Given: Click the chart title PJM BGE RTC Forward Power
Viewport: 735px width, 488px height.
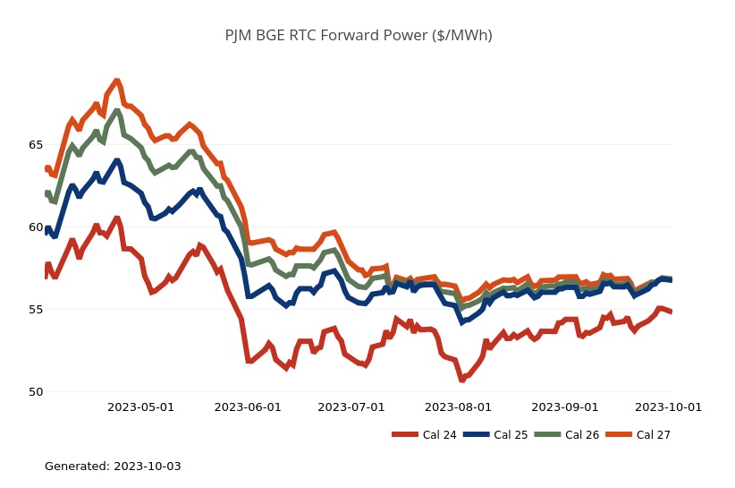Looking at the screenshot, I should pyautogui.click(x=359, y=36).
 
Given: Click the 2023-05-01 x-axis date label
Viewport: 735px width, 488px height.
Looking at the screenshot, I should pyautogui.click(x=140, y=407).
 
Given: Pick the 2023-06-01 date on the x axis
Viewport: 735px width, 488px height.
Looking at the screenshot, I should pyautogui.click(x=248, y=407).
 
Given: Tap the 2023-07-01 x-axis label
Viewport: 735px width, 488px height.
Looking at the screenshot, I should pyautogui.click(x=351, y=407).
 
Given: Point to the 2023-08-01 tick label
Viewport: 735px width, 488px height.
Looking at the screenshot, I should pyautogui.click(x=459, y=407).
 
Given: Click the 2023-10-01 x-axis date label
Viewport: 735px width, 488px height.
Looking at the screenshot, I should pyautogui.click(x=668, y=407).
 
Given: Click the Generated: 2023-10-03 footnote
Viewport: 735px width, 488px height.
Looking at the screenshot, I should pyautogui.click(x=113, y=467).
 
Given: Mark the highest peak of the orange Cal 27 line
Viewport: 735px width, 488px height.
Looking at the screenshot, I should pyautogui.click(x=116, y=81).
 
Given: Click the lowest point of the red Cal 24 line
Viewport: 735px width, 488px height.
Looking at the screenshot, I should pyautogui.click(x=462, y=380).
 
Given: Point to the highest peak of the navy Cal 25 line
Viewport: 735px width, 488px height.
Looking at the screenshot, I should pyautogui.click(x=116, y=160).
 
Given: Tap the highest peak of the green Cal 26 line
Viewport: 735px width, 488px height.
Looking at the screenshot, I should pyautogui.click(x=116, y=111).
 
